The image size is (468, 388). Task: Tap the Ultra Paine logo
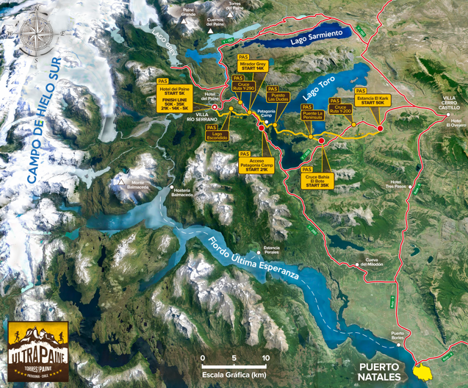coord(37,351)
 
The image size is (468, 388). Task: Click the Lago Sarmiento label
coord(316,35)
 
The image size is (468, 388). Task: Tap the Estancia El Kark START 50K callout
coord(372,100)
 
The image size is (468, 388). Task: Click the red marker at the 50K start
coord(380,129)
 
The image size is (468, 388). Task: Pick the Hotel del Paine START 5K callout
coord(173,96)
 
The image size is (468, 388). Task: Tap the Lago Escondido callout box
coord(217,135)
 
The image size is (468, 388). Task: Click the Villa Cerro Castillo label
coord(449,103)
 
